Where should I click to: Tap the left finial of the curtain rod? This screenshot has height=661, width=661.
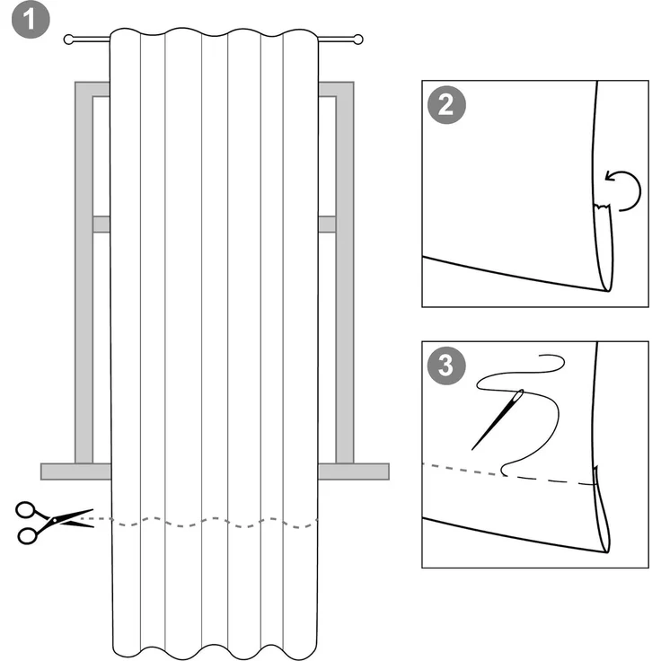(x=70, y=40)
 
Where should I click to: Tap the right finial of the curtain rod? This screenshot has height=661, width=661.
(x=357, y=40)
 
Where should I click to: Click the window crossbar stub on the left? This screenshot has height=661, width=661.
(x=101, y=225)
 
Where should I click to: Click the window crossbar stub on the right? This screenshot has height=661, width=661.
(x=327, y=225)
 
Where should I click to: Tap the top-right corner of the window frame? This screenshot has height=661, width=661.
(x=345, y=90)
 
